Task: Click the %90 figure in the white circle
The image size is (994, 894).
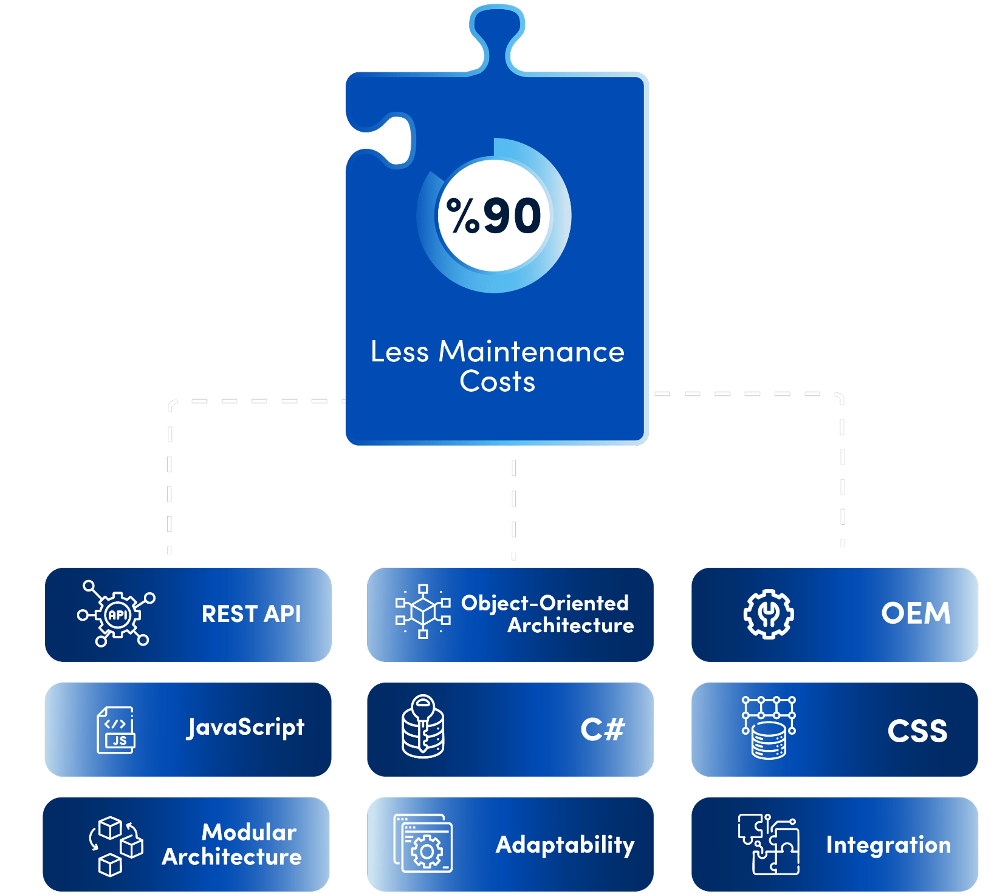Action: tap(494, 216)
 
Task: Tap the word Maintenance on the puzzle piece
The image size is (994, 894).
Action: tap(531, 352)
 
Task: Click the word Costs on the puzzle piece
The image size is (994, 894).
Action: tap(497, 382)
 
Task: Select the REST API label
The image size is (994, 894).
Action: tap(251, 614)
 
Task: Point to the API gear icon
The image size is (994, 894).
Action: tap(117, 615)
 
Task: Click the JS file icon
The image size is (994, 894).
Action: tap(116, 729)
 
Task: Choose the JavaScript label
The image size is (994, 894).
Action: tap(245, 728)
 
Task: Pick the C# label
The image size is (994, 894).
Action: tap(602, 729)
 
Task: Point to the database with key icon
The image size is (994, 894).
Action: tap(423, 726)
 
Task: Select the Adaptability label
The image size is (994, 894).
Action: tap(564, 845)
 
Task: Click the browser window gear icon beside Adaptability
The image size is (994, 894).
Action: tap(423, 844)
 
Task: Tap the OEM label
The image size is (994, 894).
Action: tap(916, 613)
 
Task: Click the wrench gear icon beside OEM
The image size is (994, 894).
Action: tap(769, 614)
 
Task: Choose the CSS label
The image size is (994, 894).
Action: tap(917, 731)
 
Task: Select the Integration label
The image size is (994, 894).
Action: tap(888, 845)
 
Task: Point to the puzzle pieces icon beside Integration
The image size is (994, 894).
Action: tap(769, 844)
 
